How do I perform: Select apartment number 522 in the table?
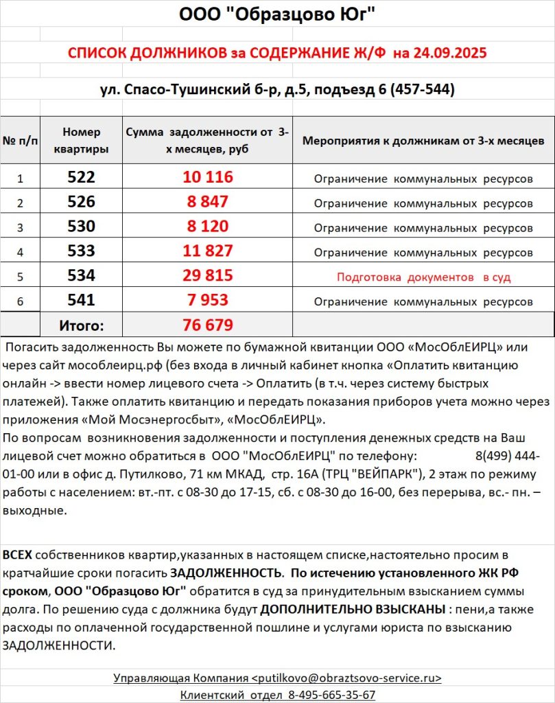click(x=81, y=177)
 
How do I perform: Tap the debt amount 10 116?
click(x=208, y=177)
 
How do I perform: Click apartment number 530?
click(x=81, y=227)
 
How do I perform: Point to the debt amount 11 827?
click(x=208, y=251)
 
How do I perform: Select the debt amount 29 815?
click(x=208, y=276)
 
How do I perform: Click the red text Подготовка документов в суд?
click(x=423, y=277)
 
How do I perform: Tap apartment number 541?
click(x=81, y=300)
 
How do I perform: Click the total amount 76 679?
click(x=208, y=325)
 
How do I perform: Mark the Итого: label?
click(x=81, y=325)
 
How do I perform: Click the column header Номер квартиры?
click(x=81, y=140)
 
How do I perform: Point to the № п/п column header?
click(x=20, y=141)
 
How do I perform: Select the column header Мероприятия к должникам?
click(x=423, y=141)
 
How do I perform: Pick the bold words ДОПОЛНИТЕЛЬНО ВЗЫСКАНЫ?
click(x=352, y=609)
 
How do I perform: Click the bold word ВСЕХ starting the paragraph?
click(x=17, y=555)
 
